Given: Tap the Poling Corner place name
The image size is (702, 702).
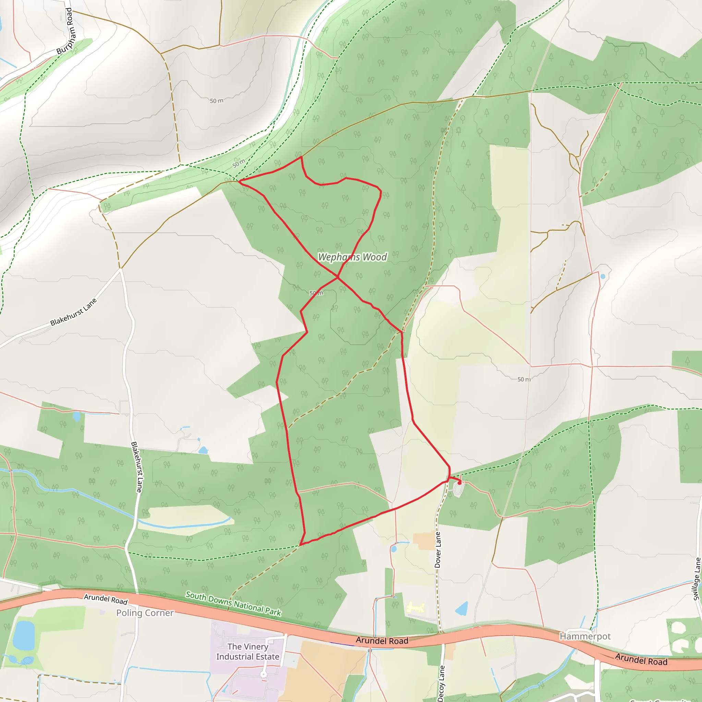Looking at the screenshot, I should [145, 613].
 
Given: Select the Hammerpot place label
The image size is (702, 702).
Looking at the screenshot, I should [585, 636].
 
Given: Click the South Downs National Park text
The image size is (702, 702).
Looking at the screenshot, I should [233, 604].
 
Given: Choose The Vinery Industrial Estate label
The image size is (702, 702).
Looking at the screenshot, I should [248, 652].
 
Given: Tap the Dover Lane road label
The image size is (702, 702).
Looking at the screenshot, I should [438, 550].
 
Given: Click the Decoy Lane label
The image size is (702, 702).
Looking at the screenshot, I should [441, 683].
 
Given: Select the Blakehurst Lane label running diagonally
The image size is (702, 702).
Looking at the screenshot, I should [73, 312].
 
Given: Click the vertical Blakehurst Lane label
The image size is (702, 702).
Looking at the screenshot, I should [137, 467].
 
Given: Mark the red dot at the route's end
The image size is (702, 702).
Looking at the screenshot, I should [460, 483].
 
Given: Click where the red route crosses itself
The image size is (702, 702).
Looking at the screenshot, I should [338, 278].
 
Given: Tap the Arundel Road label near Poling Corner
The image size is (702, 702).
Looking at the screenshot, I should [106, 599].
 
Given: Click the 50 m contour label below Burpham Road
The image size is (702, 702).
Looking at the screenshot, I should [217, 101].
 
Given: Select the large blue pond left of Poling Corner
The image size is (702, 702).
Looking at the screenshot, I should [24, 635].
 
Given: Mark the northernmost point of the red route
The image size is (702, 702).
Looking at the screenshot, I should [301, 157].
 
